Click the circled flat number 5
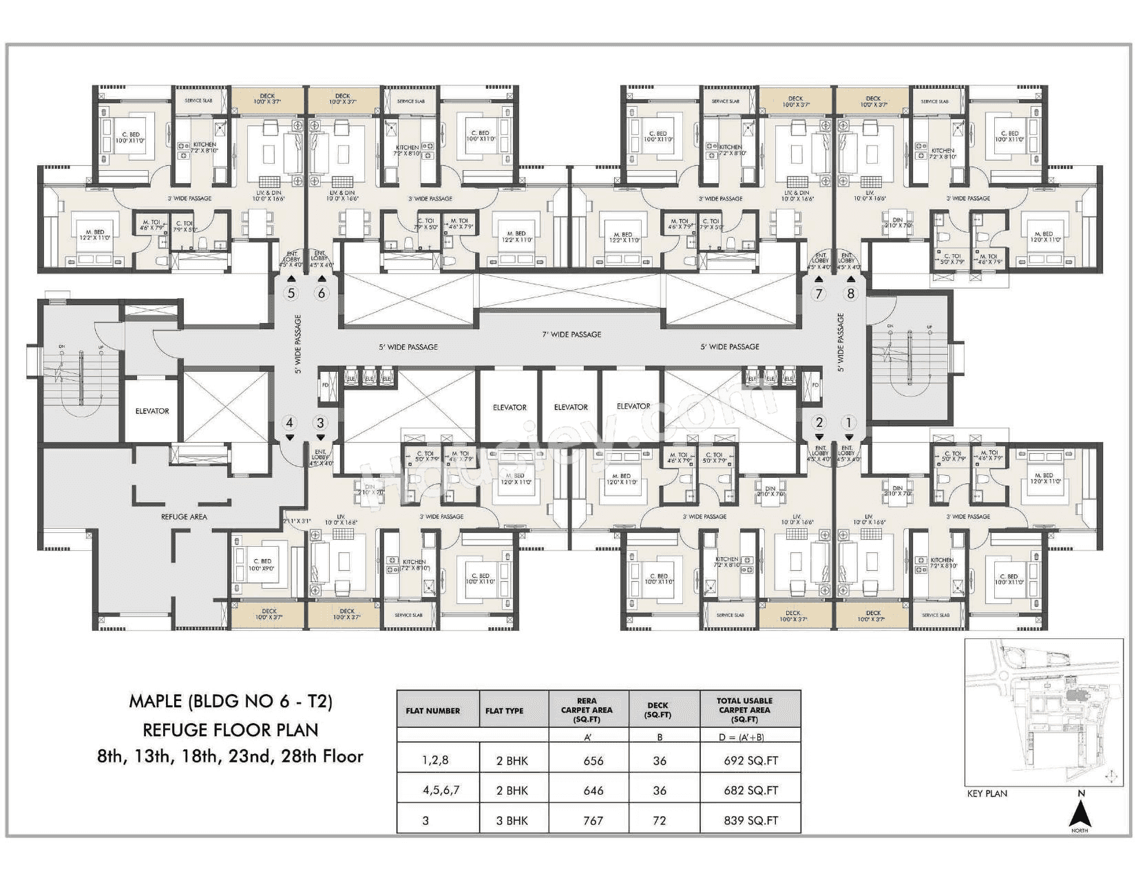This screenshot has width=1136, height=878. (x=291, y=293)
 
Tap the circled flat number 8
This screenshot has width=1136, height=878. (x=851, y=293)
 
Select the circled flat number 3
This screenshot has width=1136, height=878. (x=320, y=423)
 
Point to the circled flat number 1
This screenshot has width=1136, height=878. (x=849, y=423)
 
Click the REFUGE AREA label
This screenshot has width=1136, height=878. (x=184, y=516)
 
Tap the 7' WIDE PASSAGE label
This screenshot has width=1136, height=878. (x=571, y=335)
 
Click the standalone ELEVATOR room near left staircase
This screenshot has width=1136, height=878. (x=152, y=411)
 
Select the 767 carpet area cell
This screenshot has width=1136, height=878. (x=593, y=820)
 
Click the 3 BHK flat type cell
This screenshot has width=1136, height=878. (x=512, y=820)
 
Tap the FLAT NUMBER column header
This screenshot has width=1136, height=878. (x=433, y=711)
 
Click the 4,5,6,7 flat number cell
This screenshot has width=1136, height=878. (x=441, y=791)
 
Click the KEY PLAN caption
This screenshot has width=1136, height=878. (x=987, y=793)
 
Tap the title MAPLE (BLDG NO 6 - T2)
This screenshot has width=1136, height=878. (x=231, y=702)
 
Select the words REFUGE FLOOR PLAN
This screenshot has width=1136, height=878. (x=231, y=729)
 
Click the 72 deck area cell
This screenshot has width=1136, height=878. (x=659, y=820)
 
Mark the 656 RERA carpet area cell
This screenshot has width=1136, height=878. (x=593, y=761)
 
